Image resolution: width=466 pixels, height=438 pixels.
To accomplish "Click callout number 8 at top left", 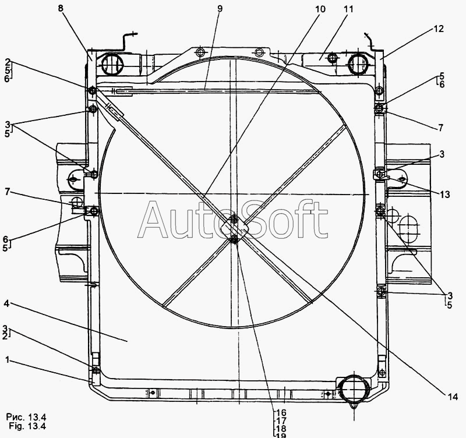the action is [61, 8].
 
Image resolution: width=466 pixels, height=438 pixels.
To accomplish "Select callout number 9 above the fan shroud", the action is [220, 9].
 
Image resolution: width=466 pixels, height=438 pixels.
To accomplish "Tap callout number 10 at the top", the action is [320, 9].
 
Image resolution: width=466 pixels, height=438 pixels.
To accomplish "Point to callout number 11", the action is [348, 9].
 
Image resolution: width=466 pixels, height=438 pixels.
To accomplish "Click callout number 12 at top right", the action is [439, 29].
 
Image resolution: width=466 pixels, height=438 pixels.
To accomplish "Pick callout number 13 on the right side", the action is [445, 195].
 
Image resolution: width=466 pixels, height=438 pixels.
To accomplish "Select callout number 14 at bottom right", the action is [453, 397].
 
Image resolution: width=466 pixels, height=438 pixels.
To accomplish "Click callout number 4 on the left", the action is [7, 303].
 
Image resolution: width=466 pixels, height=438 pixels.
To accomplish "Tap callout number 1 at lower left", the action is [8, 360].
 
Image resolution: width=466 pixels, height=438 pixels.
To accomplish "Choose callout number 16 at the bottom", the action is [281, 413].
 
